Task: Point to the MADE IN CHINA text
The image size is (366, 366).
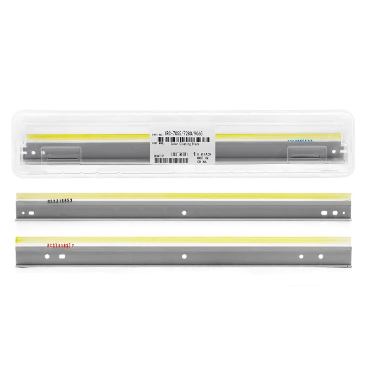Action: point(203,158)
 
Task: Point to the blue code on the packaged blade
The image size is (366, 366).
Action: point(300,141)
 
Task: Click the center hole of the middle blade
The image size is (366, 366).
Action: point(183,212)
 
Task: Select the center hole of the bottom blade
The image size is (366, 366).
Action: point(184,256)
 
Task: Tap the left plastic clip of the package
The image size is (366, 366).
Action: point(61,154)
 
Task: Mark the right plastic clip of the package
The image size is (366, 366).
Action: point(305,154)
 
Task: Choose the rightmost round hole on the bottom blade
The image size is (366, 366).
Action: point(320,256)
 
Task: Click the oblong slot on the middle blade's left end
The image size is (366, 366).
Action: point(31,213)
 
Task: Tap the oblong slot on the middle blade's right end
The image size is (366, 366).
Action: point(324,213)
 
